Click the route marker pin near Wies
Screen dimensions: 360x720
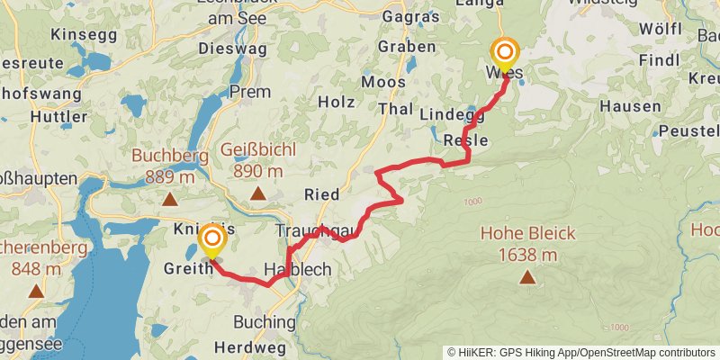coord(504,54)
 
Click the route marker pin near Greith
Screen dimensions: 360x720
coord(212,240)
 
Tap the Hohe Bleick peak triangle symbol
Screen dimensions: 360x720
coord(526,277)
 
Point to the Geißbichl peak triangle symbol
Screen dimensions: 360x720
coord(258,193)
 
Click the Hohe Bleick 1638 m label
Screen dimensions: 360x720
coord(526,243)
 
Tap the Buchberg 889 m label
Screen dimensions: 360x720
coord(169,164)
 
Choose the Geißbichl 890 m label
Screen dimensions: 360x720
coord(258,163)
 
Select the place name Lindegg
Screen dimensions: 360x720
coord(452,114)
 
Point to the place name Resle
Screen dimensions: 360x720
coord(466,140)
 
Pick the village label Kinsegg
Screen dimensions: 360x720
coord(85,34)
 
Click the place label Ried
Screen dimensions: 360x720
coord(321,194)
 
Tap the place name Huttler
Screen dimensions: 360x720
coord(58,116)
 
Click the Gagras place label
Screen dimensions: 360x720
coord(410,17)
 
